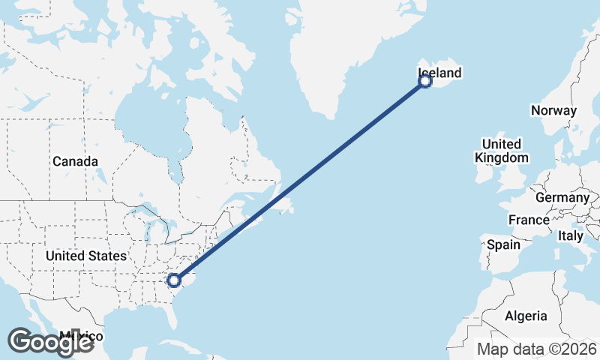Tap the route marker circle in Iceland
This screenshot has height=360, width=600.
pos(425,81)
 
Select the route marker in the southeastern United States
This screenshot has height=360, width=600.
pos(174,280)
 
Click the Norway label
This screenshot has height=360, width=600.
pos(553,111)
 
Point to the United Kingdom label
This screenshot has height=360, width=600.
pos(502,151)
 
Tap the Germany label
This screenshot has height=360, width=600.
pos(562,197)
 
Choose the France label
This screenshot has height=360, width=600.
pos(529,220)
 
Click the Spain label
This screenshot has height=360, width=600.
pos(503,244)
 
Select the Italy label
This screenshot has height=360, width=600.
pos(570,235)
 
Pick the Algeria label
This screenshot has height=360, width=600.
pos(526,316)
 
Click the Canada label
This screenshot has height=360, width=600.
pos(75,161)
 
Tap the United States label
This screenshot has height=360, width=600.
pos(85,256)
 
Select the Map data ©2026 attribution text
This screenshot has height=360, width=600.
pos(537,349)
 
